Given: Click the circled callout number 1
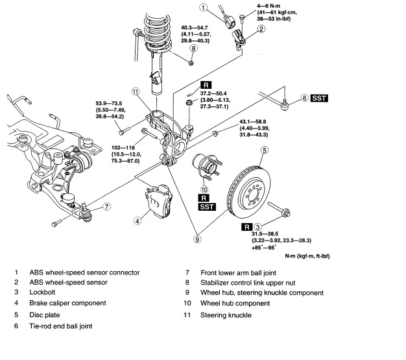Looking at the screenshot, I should click(204, 8).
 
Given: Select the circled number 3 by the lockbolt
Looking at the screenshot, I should click(257, 228).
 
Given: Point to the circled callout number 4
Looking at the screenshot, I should click(138, 221).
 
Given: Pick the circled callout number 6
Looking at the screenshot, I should click(304, 99).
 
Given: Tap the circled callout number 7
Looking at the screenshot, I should click(106, 207).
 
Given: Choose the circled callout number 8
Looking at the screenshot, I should click(193, 49).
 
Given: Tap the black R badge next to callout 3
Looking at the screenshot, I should click(246, 228).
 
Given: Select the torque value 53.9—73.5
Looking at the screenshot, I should click(108, 103).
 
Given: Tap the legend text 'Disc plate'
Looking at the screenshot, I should click(46, 315).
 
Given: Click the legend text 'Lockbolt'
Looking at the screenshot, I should click(45, 293).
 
